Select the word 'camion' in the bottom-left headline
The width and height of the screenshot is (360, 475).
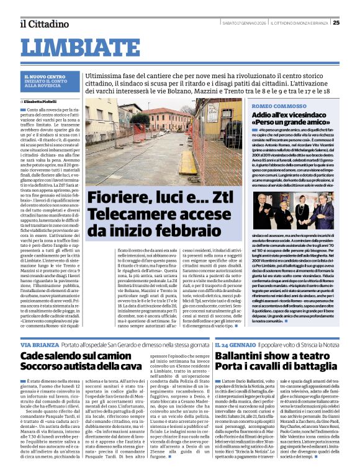tap(113, 356)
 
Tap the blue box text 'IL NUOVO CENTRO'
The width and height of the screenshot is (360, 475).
tap(40, 76)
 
